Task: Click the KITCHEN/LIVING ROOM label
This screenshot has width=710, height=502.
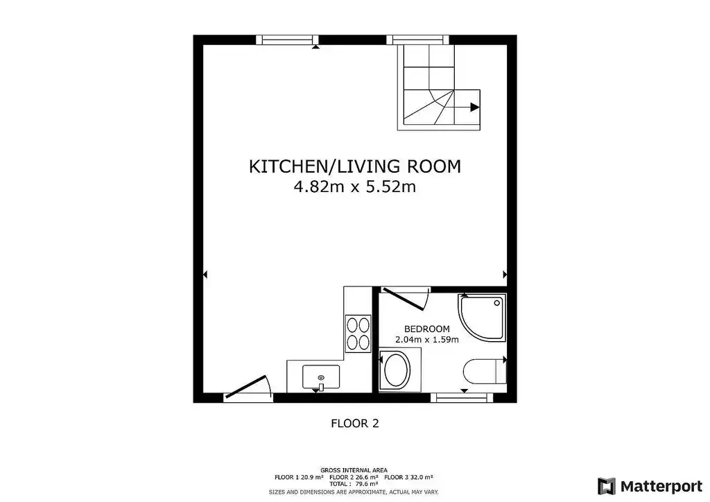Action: click(355, 166)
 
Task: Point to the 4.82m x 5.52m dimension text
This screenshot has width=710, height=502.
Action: click(355, 187)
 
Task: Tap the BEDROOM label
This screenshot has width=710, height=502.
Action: click(427, 329)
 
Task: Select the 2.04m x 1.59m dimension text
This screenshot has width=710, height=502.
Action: click(427, 340)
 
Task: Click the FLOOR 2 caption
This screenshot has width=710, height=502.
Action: click(355, 424)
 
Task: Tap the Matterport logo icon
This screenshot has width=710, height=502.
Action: click(606, 487)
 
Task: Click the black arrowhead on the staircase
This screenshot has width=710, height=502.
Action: click(475, 107)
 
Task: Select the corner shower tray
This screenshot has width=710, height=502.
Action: click(482, 318)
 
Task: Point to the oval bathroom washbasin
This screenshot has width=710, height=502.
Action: click(397, 370)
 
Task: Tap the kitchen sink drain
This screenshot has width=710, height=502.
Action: click(321, 377)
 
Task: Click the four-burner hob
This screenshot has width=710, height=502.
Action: click(358, 333)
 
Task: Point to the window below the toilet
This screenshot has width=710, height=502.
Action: click(461, 397)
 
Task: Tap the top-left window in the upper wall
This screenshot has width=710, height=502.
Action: click(288, 40)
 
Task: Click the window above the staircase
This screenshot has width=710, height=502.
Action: click(418, 40)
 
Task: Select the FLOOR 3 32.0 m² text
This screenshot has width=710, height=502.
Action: click(408, 477)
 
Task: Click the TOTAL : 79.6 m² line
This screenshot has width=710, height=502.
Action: click(354, 484)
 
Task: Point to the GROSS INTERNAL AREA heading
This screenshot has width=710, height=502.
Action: click(354, 470)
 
